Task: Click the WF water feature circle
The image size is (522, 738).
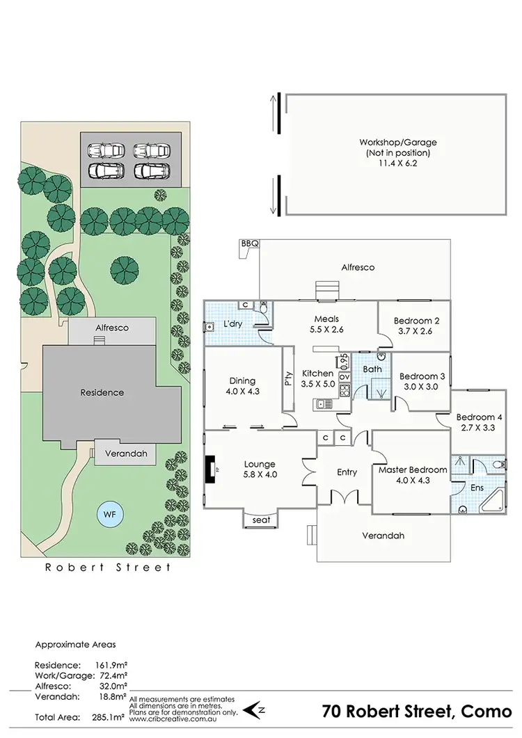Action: (109, 515)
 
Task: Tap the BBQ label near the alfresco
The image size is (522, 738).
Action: (249, 244)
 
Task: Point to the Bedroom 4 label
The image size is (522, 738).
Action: (479, 417)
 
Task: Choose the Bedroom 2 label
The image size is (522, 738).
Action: (416, 321)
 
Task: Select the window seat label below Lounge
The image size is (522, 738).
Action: (260, 520)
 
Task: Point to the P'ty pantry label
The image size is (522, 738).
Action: (288, 379)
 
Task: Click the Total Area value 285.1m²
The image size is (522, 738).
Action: (109, 716)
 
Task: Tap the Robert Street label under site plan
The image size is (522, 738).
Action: (108, 568)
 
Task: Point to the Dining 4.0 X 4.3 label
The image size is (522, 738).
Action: (242, 385)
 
